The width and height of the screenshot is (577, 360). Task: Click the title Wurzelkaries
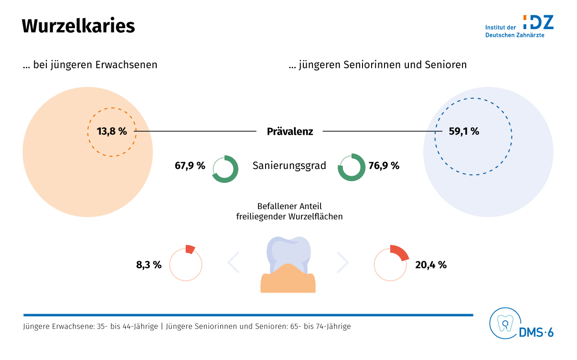coord(78,26)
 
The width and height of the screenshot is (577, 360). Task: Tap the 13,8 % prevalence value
coord(112,131)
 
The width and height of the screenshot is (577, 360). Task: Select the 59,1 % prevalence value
coord(464,131)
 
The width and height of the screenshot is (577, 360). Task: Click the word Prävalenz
coord(290,131)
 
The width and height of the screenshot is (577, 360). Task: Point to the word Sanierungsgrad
coord(289,166)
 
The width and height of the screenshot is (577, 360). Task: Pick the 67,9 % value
coord(190,166)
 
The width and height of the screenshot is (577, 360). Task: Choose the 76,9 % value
coord(384,166)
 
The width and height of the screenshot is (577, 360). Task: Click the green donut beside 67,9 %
coord(225,169)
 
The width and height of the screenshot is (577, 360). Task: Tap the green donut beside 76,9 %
coord(351,168)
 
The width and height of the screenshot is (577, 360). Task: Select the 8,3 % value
coord(149,265)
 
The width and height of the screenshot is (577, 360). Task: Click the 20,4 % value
coord(431,265)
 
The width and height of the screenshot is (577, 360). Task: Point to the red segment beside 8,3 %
coord(190,249)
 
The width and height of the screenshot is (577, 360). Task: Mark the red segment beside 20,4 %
coord(399,253)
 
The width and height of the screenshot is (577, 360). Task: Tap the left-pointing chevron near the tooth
coord(234,262)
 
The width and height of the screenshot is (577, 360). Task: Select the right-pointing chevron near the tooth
coord(343,262)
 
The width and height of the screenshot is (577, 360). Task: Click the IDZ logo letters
coord(538,22)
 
